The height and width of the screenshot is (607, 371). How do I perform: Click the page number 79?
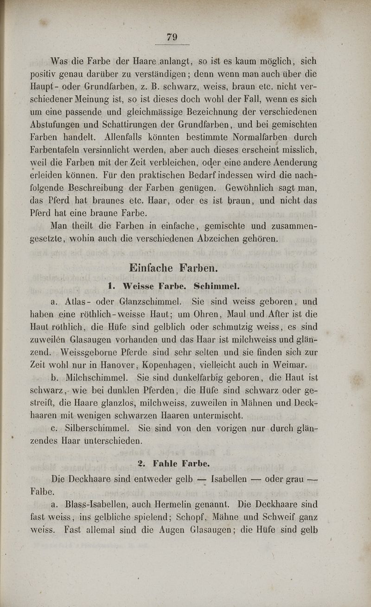coord(172,37)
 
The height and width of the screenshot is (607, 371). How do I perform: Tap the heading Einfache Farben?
coord(173,268)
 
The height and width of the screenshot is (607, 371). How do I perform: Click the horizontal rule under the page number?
coord(172,45)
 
